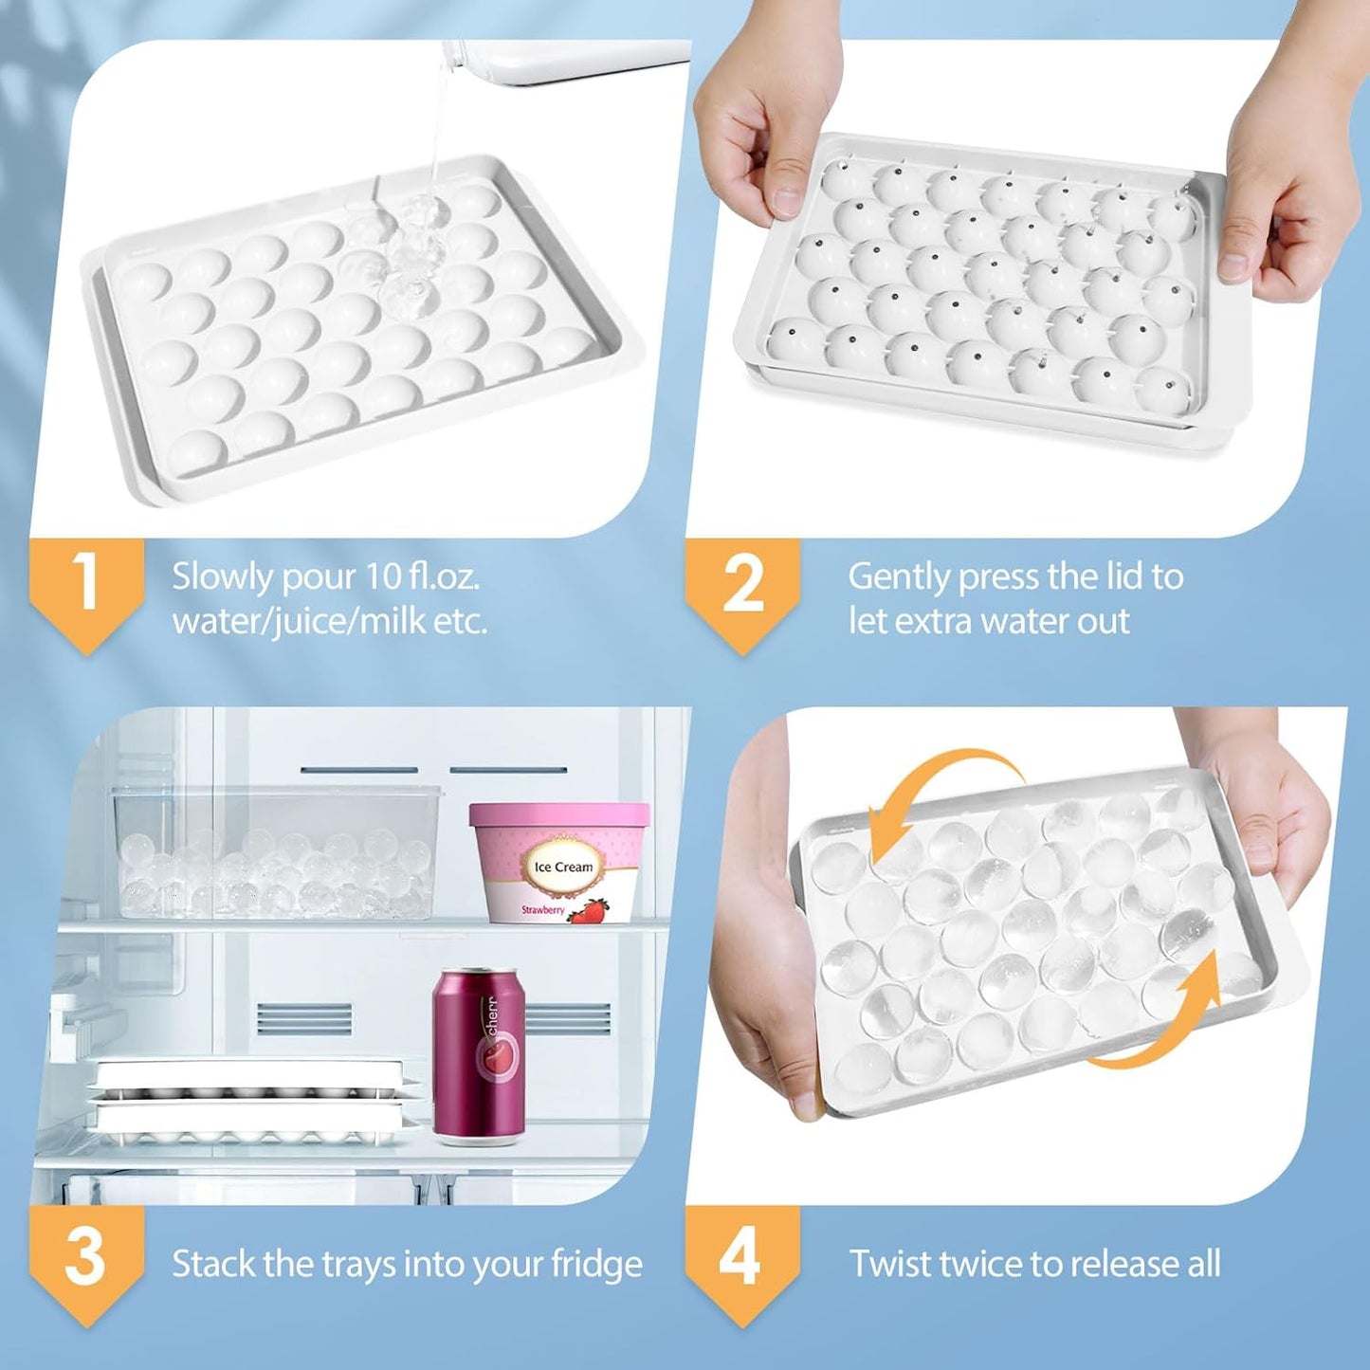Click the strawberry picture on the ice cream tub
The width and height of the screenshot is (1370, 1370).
[x=589, y=910]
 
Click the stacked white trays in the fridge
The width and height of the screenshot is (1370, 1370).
[x=256, y=1100]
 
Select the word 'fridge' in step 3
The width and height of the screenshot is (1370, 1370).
[x=597, y=1264]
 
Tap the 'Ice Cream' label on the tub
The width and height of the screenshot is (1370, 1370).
[x=563, y=867]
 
